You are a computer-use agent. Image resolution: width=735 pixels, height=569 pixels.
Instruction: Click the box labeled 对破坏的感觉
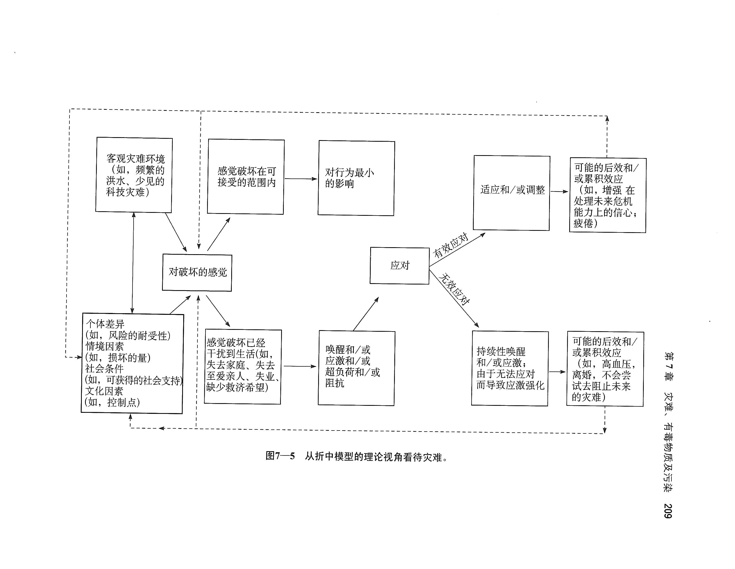tap(197, 272)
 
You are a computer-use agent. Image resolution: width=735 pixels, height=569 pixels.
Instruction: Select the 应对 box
tap(399, 266)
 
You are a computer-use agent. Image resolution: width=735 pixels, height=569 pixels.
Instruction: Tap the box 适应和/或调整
tap(512, 193)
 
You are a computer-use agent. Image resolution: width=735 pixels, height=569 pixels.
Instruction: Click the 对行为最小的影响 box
tap(356, 178)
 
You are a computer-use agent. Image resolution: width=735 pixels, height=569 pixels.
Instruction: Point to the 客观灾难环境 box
tap(134, 175)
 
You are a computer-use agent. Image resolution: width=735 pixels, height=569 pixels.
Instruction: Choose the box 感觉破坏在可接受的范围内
tap(246, 177)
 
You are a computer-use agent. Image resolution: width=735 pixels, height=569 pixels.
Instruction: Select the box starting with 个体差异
tap(133, 363)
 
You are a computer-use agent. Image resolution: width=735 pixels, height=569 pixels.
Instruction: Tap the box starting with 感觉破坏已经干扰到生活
tap(243, 366)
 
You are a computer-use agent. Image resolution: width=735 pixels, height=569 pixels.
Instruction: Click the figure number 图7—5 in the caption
tap(280, 456)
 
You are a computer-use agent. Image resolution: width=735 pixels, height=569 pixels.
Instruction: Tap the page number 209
tap(668, 511)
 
